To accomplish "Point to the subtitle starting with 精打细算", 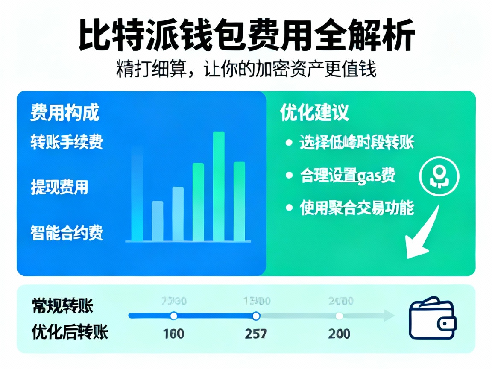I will click(246, 69).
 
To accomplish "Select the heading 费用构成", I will click(64, 113).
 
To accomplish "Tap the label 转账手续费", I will click(67, 142).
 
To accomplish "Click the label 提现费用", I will click(59, 187).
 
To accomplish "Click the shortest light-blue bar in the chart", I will click(157, 220).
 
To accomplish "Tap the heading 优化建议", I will click(314, 112).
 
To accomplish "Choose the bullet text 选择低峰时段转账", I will click(357, 143).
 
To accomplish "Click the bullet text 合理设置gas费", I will click(348, 176).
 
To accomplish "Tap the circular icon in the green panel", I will click(440, 176).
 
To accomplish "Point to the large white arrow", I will click(421, 233).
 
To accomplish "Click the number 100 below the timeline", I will click(173, 333).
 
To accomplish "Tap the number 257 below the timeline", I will click(256, 333).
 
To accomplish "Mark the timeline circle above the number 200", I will click(340, 316).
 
